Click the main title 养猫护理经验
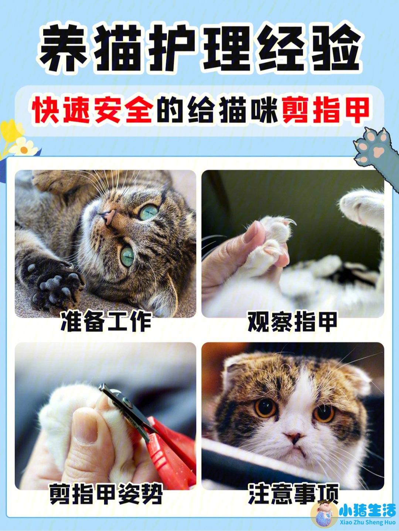199,48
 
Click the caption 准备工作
106,321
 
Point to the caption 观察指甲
292,321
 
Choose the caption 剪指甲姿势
106,494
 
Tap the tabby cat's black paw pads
55,285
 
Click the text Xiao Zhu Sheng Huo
367,523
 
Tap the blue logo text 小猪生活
367,511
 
